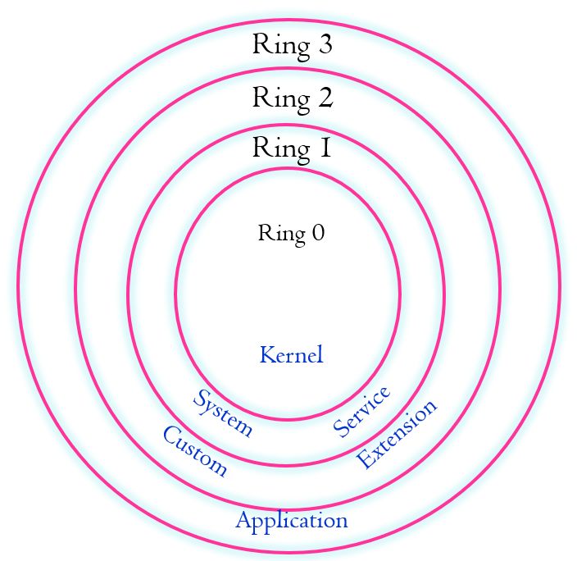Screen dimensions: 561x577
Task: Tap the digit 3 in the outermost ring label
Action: tap(324, 45)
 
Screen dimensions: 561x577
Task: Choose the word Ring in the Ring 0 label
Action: tap(280, 234)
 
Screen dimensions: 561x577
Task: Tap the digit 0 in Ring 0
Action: tap(317, 234)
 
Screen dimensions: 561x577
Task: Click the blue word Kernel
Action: tap(291, 355)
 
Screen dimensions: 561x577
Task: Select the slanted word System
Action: tap(222, 413)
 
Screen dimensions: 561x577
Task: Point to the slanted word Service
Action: tap(361, 412)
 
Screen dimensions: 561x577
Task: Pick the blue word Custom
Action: tap(194, 451)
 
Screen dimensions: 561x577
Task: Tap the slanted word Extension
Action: tap(398, 434)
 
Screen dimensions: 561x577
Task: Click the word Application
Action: tap(292, 521)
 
